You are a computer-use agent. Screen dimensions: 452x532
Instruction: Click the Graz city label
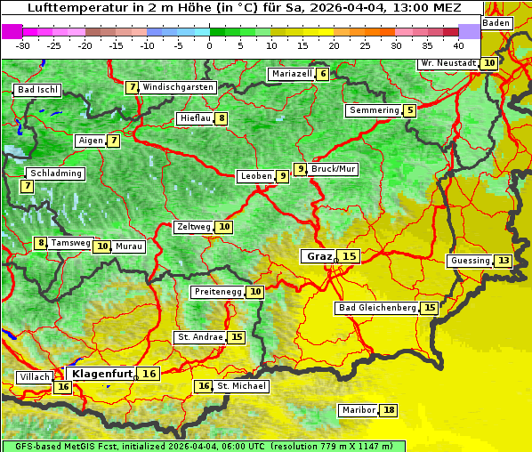click(x=318, y=256)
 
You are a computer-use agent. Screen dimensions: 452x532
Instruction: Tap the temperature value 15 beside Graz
click(x=350, y=256)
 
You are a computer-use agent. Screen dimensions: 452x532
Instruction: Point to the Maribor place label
click(x=358, y=410)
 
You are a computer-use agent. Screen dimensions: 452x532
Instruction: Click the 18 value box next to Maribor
click(x=389, y=410)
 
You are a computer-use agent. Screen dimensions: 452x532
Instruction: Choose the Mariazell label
click(x=293, y=74)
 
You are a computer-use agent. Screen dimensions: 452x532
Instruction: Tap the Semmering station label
click(x=374, y=110)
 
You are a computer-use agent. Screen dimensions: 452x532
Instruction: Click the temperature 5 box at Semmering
click(x=409, y=110)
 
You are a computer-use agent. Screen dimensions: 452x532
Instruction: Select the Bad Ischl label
click(x=37, y=90)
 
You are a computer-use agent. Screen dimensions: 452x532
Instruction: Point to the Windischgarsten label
click(x=178, y=87)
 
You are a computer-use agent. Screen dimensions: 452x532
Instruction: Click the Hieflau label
click(x=195, y=118)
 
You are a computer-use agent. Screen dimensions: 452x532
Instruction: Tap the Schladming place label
click(x=55, y=174)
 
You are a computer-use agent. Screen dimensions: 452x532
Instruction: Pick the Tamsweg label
click(x=70, y=243)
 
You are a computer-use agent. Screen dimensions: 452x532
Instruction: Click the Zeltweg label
click(x=193, y=227)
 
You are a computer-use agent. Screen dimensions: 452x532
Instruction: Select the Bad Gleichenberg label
click(x=377, y=308)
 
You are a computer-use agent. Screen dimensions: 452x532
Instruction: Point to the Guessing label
click(x=470, y=261)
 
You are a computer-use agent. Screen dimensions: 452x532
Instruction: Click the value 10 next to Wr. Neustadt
click(x=489, y=63)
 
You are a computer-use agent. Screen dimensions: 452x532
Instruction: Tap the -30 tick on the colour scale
click(x=23, y=44)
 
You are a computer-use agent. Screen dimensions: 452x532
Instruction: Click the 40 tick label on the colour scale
click(x=458, y=44)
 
